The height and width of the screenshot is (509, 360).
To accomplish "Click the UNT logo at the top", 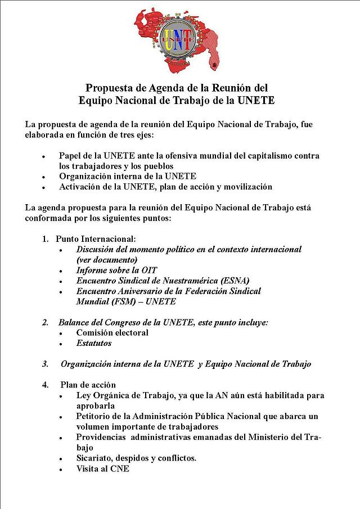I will point(179,39).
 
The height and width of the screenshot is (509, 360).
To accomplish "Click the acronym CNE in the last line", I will point(120,468).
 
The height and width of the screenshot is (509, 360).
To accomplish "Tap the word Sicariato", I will point(96,458).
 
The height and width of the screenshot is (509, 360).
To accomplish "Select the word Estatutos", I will point(94,343).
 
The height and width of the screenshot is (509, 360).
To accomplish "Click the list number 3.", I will point(45,364).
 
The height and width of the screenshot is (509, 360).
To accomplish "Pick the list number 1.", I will point(45,238).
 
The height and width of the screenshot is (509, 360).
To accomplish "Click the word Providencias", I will point(102,437).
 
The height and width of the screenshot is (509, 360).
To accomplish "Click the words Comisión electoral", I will point(112,332).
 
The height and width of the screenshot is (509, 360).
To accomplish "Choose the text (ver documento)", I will point(107,259).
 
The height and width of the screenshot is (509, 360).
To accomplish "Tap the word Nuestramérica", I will point(185,280).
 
